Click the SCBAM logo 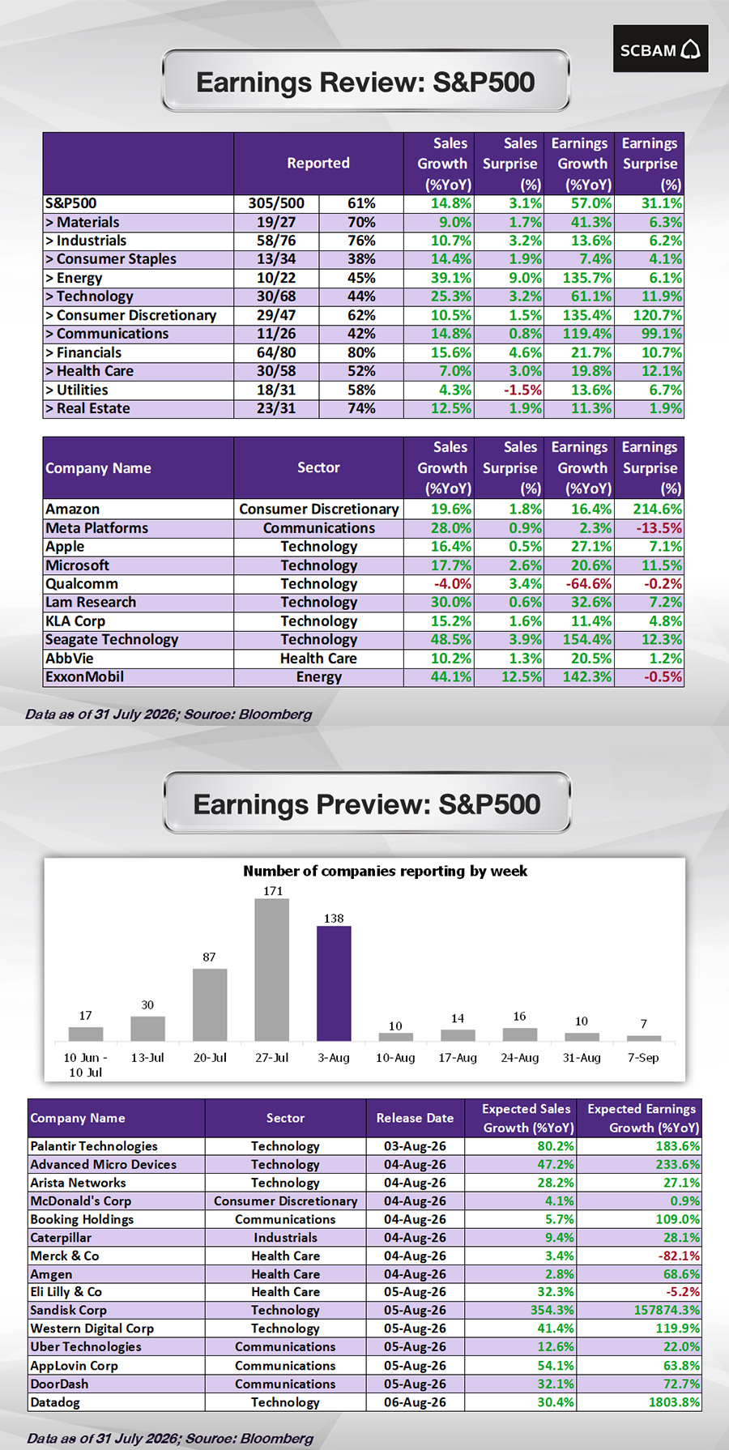pos(660,49)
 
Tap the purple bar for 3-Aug pos(334,983)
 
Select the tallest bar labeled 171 pos(272,970)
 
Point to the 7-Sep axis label pos(643,1057)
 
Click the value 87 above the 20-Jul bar pos(209,957)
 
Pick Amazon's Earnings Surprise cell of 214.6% pos(649,509)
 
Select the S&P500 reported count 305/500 pos(276,203)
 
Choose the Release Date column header pos(415,1118)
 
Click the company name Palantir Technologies pos(94,1146)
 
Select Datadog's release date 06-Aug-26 pos(415,1402)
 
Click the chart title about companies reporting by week pos(385,871)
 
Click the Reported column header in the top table pos(318,163)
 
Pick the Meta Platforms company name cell pos(97,527)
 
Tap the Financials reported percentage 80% pos(361,352)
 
